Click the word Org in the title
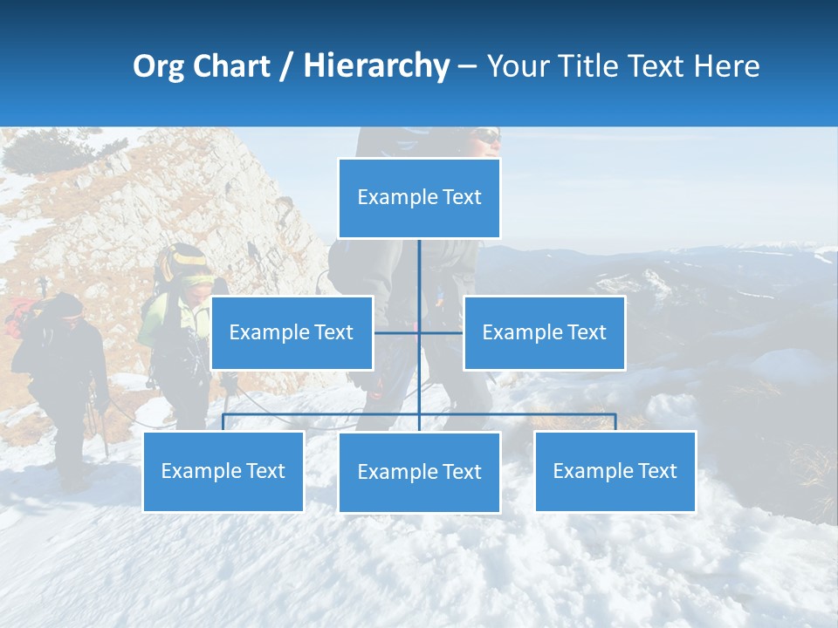coord(158,66)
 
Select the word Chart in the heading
coord(231,66)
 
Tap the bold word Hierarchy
coord(375,66)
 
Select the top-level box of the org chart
coord(419,198)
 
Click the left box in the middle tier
coord(292,332)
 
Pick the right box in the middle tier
coord(544,332)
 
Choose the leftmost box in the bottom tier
coord(223,471)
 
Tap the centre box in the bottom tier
coord(419,472)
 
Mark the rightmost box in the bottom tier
coord(615,471)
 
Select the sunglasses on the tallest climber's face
coord(489,137)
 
